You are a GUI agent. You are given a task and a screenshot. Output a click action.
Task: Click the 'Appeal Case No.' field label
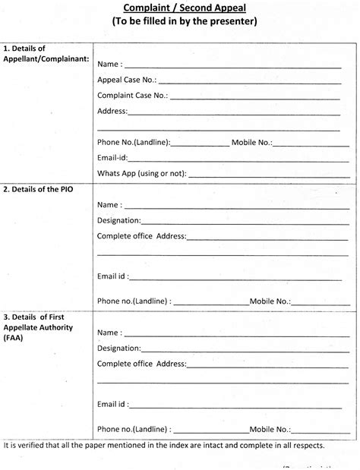click(x=127, y=80)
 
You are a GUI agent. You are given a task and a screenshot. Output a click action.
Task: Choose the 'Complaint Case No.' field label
click(x=133, y=96)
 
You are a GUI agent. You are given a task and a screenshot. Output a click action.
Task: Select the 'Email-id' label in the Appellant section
click(x=112, y=158)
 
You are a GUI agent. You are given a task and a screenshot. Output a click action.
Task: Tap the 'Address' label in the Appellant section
click(x=112, y=111)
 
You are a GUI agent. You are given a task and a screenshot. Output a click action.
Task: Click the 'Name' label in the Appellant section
click(x=109, y=64)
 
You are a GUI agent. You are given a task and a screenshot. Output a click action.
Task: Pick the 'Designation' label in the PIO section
click(x=118, y=220)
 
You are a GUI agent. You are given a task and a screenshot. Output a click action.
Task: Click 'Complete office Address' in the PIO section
click(x=142, y=236)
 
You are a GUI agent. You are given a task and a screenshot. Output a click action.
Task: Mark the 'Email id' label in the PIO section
click(x=113, y=275)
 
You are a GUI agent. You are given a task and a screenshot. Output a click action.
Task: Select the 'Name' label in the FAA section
click(x=109, y=333)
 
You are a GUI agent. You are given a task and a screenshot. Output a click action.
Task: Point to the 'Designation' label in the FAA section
click(x=118, y=349)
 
